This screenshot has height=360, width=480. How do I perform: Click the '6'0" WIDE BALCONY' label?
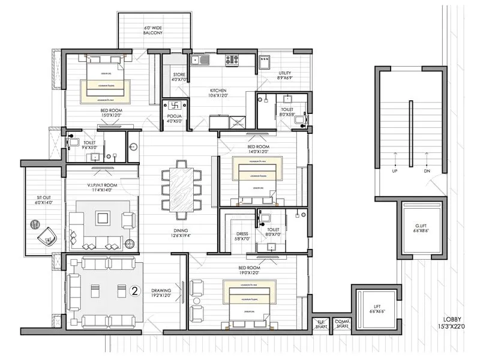154,32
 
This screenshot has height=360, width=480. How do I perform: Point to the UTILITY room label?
284,75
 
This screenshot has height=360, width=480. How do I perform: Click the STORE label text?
179,76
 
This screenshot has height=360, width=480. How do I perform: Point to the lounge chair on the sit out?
44,233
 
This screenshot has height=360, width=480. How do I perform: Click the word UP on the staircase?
394,171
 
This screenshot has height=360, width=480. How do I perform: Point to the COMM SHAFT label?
341,324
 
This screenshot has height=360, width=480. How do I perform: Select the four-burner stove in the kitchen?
232,59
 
